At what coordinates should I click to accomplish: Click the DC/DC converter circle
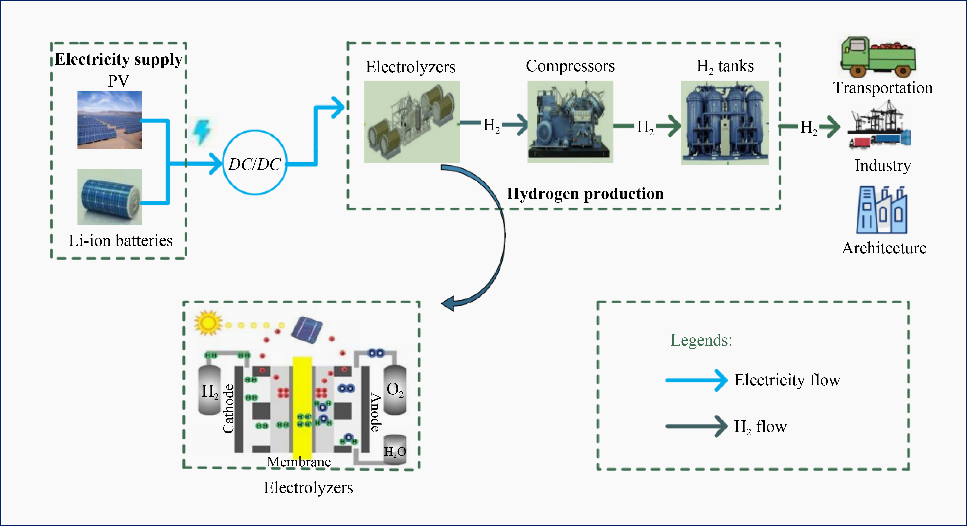click(255, 163)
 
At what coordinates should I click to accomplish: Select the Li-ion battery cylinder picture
click(110, 197)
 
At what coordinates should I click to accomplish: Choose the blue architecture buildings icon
click(881, 211)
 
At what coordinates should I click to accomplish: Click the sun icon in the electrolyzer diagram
click(207, 322)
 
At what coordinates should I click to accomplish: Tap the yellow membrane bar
click(302, 405)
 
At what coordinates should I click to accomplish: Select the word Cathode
click(228, 409)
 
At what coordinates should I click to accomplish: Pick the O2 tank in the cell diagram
click(395, 390)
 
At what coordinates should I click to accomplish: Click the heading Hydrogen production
click(585, 194)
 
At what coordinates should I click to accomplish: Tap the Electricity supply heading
click(118, 59)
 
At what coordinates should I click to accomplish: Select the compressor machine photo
click(570, 122)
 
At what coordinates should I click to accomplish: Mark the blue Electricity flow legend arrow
click(696, 380)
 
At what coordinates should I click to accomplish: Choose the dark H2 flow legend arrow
click(696, 426)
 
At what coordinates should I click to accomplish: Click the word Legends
click(701, 340)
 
